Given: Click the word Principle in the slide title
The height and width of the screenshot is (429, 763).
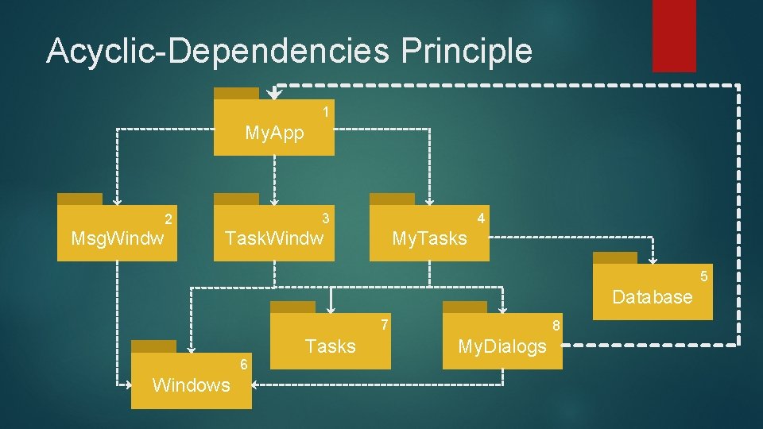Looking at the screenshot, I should point(467,51).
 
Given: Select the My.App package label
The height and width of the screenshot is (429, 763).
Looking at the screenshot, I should point(274,133).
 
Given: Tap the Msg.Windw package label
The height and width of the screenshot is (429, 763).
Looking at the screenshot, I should point(118,238).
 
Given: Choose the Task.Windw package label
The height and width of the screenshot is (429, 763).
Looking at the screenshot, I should point(274,238).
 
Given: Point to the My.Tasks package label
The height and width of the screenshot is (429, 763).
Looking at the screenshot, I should point(429,238).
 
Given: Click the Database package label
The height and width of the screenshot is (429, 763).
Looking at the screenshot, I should point(653,297).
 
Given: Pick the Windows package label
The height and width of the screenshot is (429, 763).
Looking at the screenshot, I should point(191,385).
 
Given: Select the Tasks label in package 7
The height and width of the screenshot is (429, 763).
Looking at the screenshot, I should point(330,346).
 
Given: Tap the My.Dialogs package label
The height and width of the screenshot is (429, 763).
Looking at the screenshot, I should point(502,346).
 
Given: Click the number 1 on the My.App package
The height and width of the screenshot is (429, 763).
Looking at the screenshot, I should point(326,113).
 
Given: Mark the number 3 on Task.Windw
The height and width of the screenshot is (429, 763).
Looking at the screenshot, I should point(325,218).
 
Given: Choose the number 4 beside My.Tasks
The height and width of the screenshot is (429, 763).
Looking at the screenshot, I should point(481,218).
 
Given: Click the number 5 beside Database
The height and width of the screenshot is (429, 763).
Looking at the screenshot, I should point(703,276).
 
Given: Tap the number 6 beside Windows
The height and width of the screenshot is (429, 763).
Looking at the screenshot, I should point(245,364).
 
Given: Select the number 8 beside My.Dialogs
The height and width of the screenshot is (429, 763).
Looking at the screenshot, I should point(556,325).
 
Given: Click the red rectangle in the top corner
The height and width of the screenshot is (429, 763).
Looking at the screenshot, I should point(674,36).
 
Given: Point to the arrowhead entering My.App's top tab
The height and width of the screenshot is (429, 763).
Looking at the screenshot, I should point(273,94).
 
